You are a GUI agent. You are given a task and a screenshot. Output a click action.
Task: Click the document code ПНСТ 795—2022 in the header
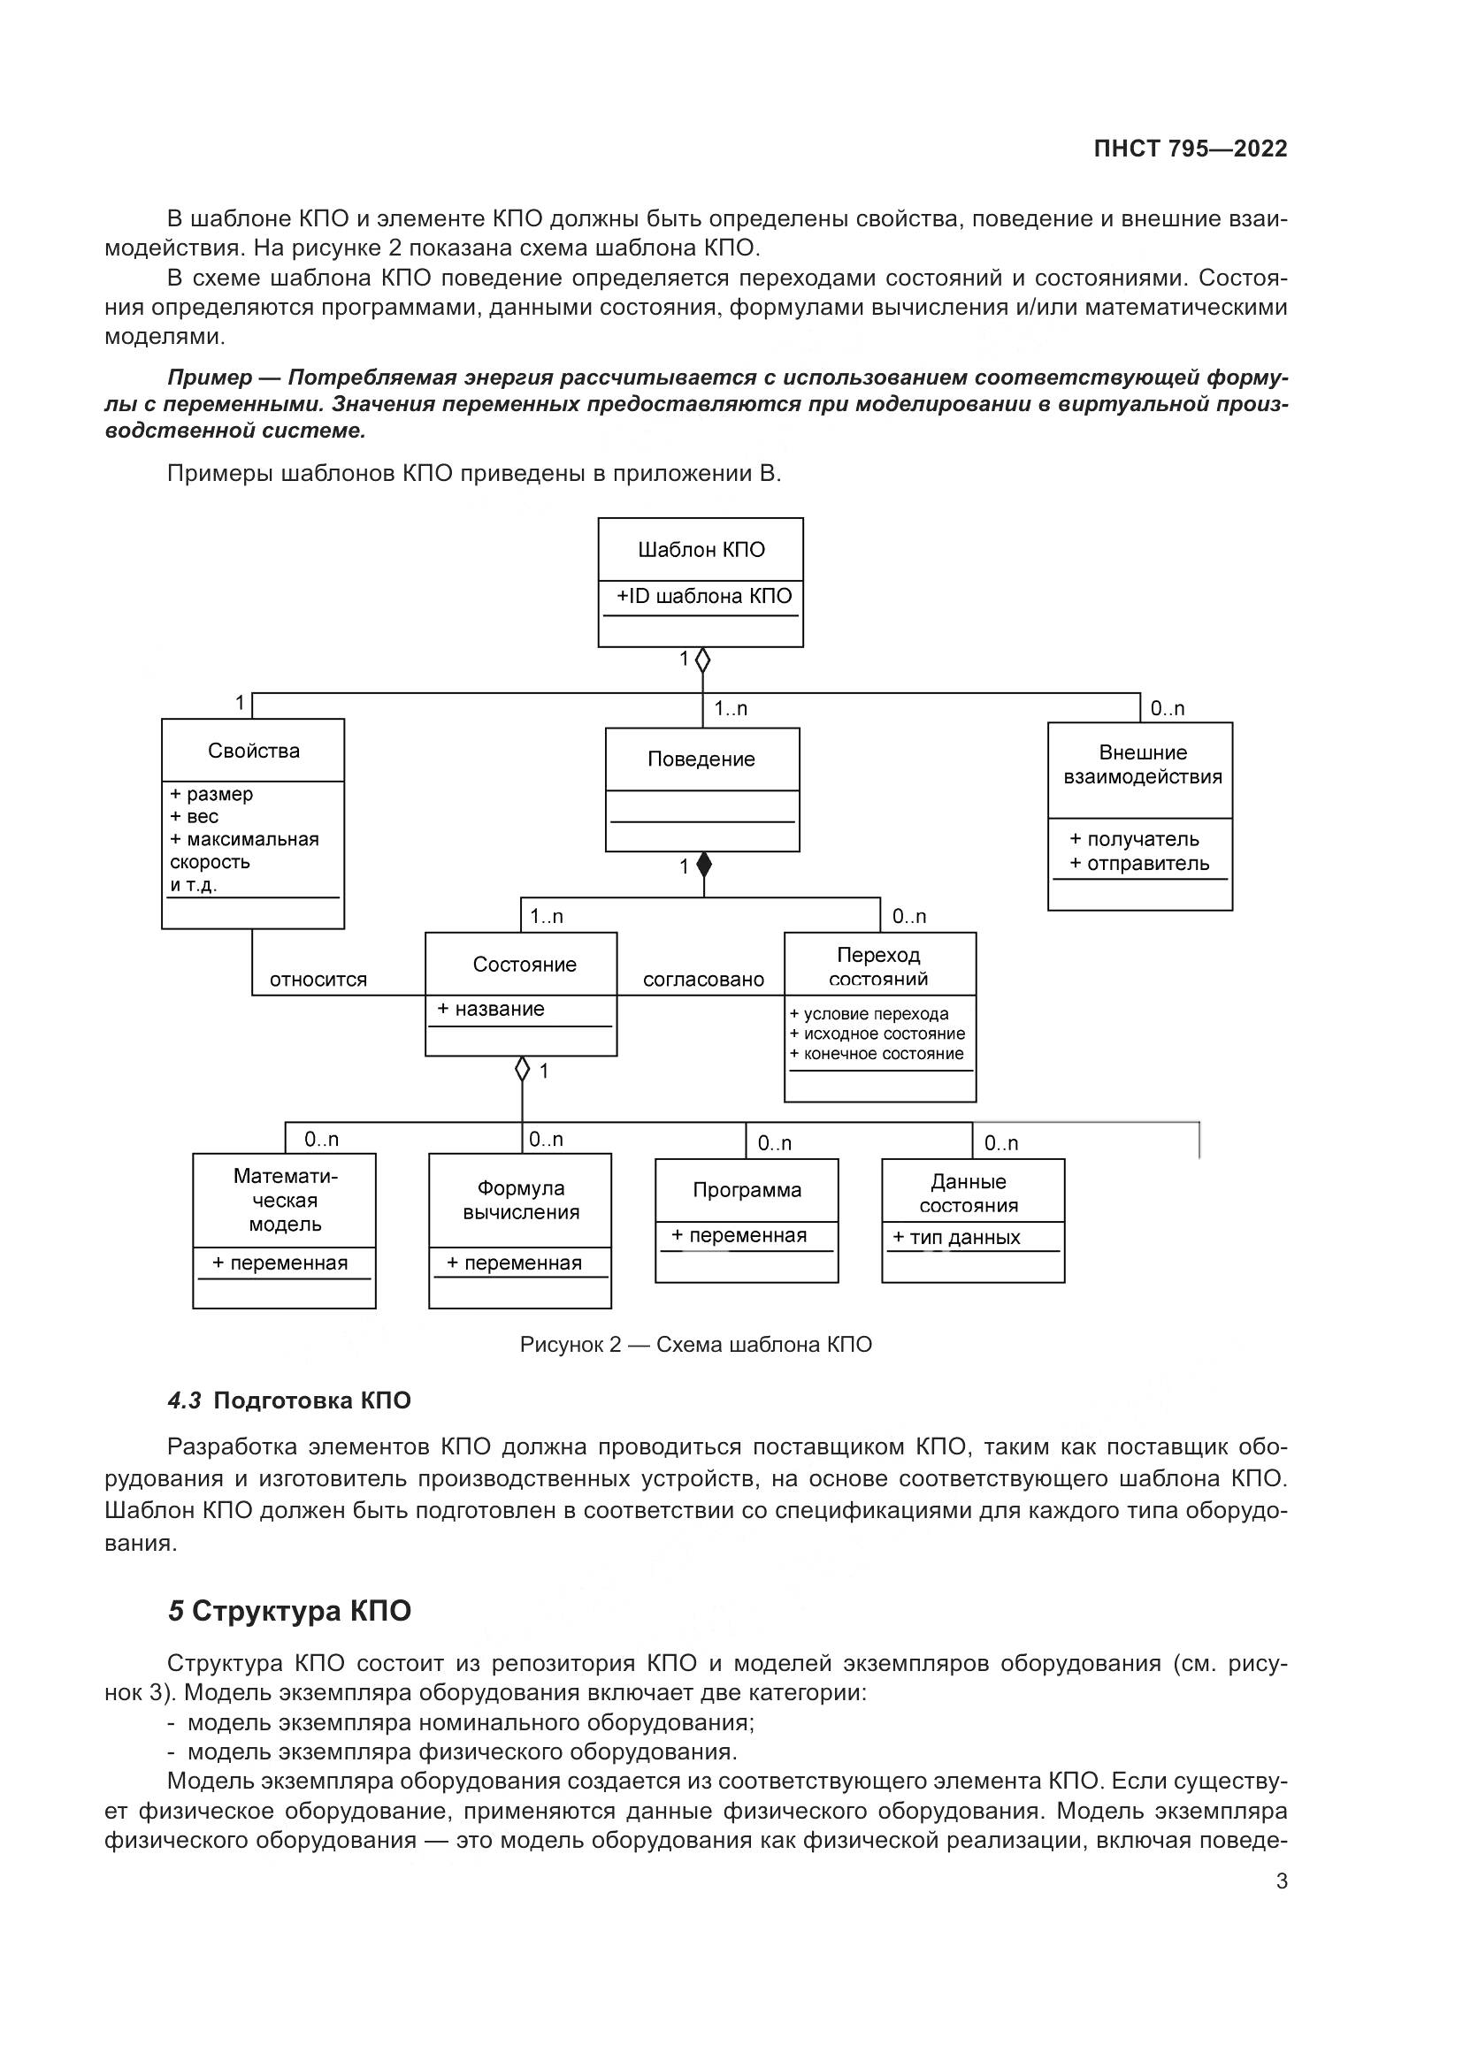(x=1190, y=149)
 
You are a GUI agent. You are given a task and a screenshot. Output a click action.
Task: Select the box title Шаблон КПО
(x=701, y=549)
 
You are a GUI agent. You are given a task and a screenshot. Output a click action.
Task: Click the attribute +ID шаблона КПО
(x=703, y=596)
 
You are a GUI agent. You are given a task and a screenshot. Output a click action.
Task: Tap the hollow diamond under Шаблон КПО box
(x=702, y=660)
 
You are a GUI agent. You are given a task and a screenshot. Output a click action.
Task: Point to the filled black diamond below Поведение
(x=703, y=866)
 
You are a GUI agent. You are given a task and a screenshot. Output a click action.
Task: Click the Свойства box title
(x=253, y=751)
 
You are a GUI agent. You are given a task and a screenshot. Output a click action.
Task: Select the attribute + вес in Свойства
(x=195, y=817)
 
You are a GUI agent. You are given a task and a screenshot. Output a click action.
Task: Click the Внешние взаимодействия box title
(x=1141, y=765)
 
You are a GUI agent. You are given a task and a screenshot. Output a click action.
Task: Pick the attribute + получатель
(x=1134, y=839)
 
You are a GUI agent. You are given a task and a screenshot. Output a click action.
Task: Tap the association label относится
(x=318, y=980)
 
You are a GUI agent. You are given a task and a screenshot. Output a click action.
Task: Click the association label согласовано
(x=702, y=980)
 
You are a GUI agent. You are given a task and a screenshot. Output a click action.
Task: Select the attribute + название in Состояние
(x=491, y=1009)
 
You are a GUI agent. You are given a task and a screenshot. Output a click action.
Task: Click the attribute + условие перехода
(x=869, y=1014)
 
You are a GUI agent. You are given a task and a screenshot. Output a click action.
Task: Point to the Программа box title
(x=747, y=1190)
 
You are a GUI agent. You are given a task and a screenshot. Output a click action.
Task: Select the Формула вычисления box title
(x=521, y=1201)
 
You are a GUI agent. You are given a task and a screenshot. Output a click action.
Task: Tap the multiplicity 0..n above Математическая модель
(x=321, y=1140)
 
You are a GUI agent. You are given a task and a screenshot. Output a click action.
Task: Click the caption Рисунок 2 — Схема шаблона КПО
(x=695, y=1345)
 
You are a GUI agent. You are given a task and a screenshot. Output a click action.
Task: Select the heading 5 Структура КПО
(x=289, y=1610)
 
